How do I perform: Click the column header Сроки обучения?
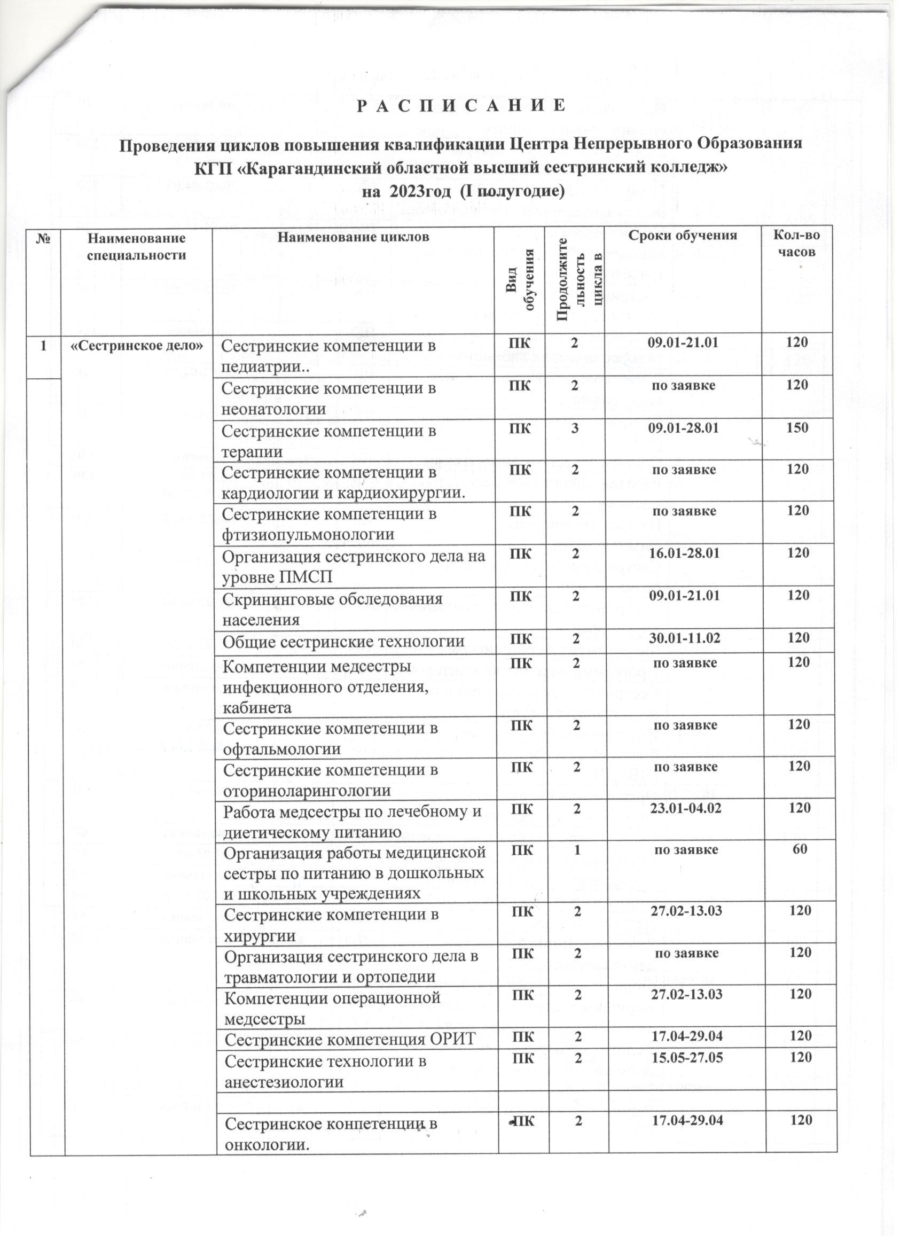coord(683,236)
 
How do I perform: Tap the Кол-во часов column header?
coord(797,244)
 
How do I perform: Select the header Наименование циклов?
coord(353,237)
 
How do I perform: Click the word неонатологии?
coord(273,409)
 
